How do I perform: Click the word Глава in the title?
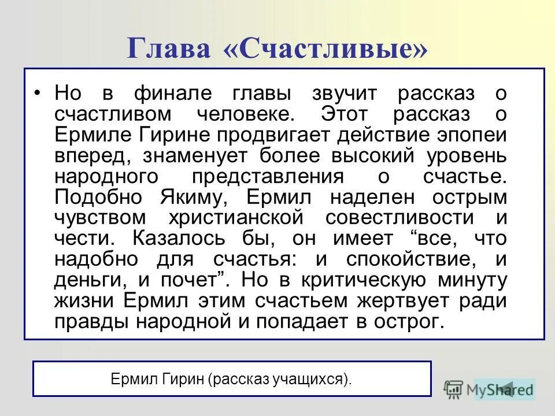tap(169, 49)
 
